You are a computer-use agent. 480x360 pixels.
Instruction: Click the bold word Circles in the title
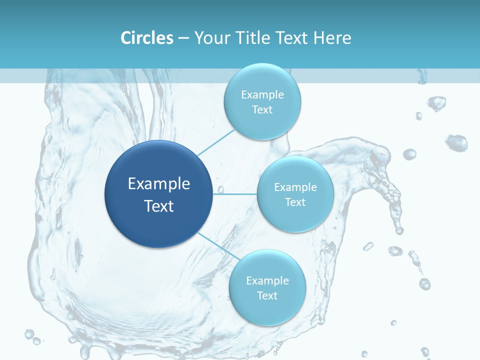pos(146,38)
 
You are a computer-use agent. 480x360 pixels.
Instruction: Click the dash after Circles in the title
pos(183,38)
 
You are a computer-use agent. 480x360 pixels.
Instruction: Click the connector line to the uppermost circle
pos(216,142)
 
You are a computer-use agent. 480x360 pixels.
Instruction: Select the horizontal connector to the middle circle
pos(235,194)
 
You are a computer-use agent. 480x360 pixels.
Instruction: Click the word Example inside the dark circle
pos(158,184)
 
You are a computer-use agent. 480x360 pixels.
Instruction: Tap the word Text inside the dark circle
pos(158,206)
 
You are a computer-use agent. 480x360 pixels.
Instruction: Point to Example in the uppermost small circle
pos(262,95)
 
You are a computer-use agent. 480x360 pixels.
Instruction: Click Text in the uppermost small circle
pos(262,110)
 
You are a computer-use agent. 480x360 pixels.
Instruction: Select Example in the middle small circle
pos(295,187)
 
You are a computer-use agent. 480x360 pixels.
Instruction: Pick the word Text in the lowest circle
pos(267,296)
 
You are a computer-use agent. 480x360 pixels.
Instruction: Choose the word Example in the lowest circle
pos(267,281)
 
